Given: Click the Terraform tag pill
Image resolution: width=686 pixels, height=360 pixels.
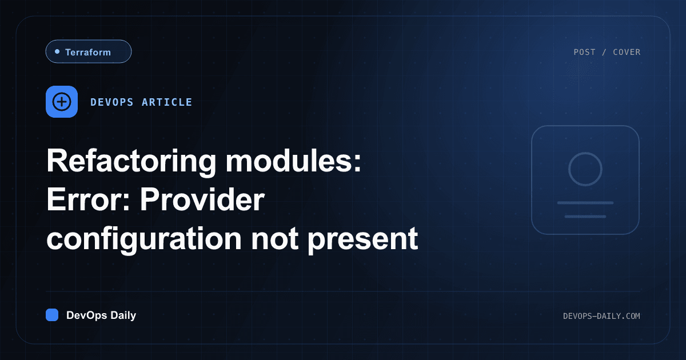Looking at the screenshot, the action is [x=89, y=51].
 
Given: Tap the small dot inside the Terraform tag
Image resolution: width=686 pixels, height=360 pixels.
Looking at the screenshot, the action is [x=57, y=51].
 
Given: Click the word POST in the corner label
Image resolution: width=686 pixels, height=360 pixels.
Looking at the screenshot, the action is [x=584, y=52].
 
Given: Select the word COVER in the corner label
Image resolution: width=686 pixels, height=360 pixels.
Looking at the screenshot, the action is [x=627, y=52].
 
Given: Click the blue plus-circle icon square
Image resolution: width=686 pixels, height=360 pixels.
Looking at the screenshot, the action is [x=62, y=102].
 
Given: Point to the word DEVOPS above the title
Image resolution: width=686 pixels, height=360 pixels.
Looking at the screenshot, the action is [x=112, y=102].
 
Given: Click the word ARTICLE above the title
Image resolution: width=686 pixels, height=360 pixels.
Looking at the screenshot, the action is [x=167, y=102].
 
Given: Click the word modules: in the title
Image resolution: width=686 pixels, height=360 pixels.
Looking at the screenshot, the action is [x=294, y=161].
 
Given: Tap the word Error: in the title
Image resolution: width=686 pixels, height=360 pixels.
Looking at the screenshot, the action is [x=89, y=199].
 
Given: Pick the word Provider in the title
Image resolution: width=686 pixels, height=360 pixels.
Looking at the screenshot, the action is [x=202, y=199].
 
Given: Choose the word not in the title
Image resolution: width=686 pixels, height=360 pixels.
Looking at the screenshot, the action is [x=275, y=239].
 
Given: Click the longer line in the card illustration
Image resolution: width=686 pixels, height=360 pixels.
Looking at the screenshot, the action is [x=585, y=203].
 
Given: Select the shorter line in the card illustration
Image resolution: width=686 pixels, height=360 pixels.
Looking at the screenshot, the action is [x=585, y=217].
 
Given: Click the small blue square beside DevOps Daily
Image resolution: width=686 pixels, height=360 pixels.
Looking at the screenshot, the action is [x=52, y=315].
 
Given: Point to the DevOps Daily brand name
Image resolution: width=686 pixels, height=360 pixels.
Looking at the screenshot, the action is [x=101, y=315].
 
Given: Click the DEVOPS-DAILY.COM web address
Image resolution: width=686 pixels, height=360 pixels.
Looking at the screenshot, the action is [x=601, y=316].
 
